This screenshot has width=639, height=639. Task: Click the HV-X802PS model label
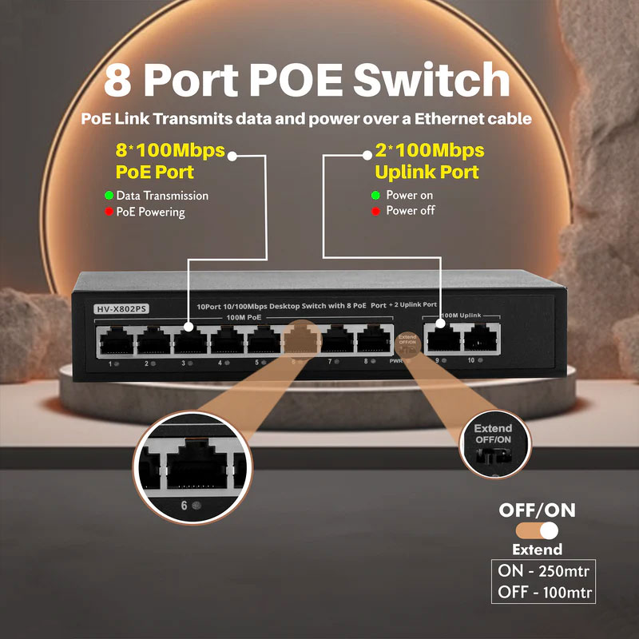pos(121,308)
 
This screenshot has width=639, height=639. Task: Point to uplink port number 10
pos(481,338)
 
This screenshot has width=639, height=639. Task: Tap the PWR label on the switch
pos(394,363)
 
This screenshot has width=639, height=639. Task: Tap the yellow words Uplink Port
pos(427,172)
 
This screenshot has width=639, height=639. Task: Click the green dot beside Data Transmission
pos(109,196)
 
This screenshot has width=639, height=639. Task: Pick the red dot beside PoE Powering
pos(109,212)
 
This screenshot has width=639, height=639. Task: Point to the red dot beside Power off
pos(375,212)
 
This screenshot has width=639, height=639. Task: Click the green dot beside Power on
pos(375,196)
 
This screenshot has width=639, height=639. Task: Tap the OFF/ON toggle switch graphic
pos(537,530)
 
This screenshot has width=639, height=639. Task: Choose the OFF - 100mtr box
pos(543,593)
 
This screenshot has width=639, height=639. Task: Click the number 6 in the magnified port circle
pos(185,505)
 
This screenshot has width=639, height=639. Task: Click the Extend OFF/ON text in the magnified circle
pos(493,435)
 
